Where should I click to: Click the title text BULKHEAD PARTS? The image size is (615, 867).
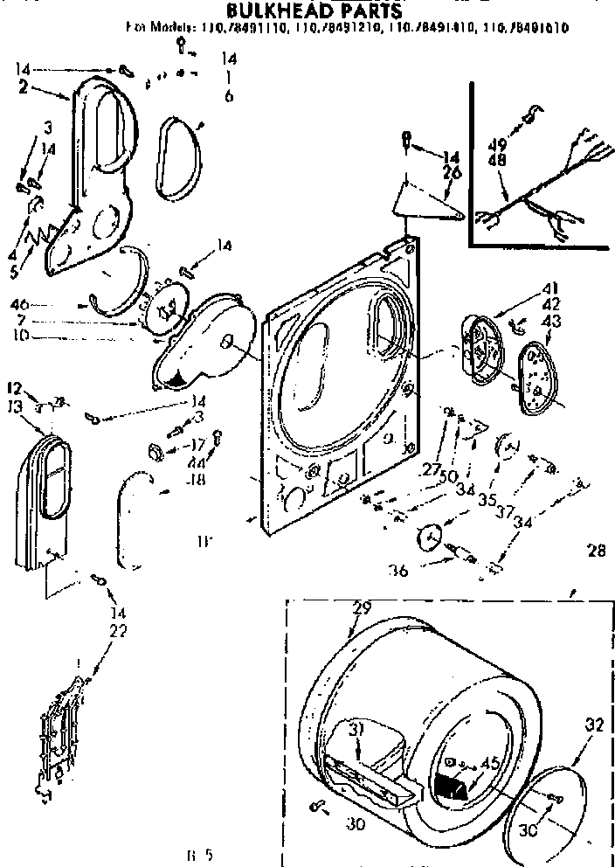pyautogui.click(x=302, y=10)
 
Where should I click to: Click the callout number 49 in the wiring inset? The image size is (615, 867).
pyautogui.click(x=498, y=144)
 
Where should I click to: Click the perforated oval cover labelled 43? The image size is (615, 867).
pyautogui.click(x=533, y=378)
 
